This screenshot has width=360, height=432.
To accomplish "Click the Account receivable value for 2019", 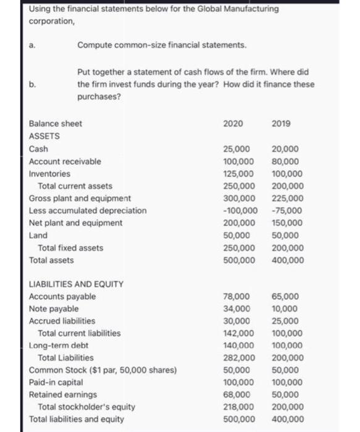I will click(x=285, y=161).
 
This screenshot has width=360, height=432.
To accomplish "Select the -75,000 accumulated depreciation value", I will click(x=285, y=210).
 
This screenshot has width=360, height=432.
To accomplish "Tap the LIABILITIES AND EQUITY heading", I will click(x=77, y=284).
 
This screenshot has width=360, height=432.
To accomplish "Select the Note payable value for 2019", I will click(x=285, y=309).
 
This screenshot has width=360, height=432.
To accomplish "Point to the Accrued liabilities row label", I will click(x=62, y=321).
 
